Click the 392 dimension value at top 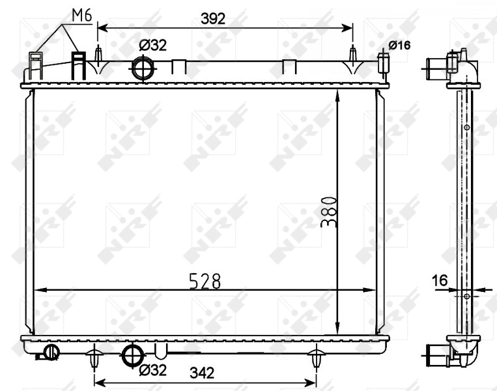pos(213,19)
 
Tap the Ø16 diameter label pos(399,45)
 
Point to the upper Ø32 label pos(153,45)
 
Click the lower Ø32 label pos(153,370)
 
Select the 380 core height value pos(329,212)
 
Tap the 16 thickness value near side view pos(440,281)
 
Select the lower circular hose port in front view pos(133,355)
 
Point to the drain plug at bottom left pos(50,353)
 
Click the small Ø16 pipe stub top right pos(383,63)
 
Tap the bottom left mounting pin pos(94,358)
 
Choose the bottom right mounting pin pos(317,358)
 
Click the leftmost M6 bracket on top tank pos(35,65)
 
